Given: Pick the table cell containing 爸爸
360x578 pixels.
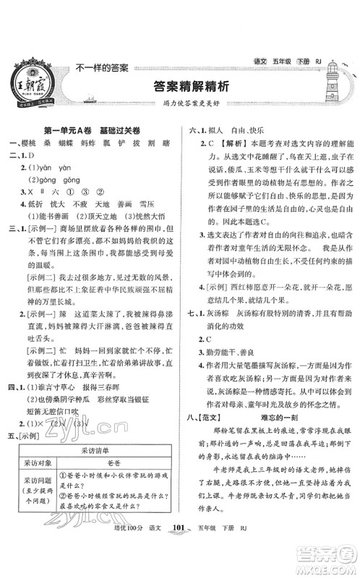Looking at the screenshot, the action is pos(115,487).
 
